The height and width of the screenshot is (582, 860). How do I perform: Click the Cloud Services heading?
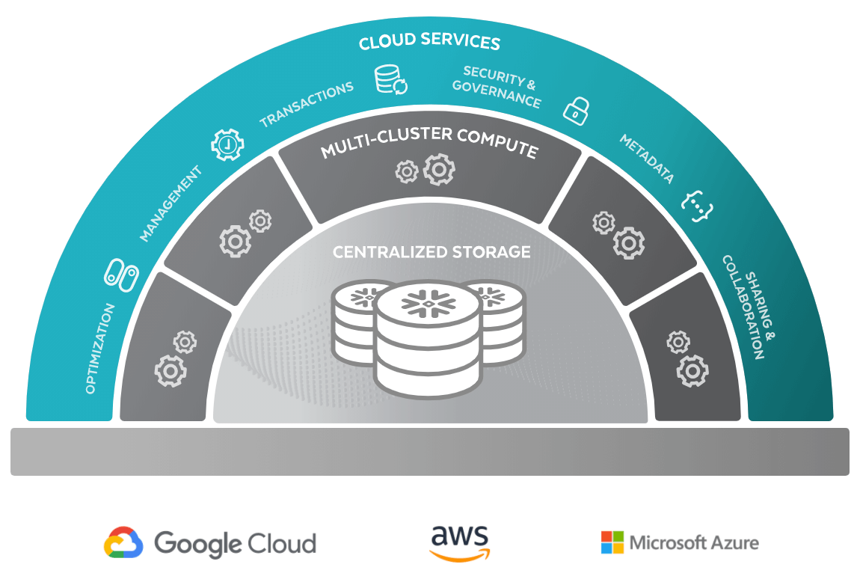pyautogui.click(x=429, y=41)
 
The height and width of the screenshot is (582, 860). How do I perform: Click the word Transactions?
pyautogui.click(x=306, y=104)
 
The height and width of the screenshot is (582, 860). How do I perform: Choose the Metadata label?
pyautogui.click(x=647, y=158)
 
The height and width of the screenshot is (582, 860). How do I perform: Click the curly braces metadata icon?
pyautogui.click(x=697, y=200)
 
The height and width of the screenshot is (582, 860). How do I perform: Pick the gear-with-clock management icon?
pyautogui.click(x=227, y=144)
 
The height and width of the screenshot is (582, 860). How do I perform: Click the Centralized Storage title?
pyautogui.click(x=431, y=251)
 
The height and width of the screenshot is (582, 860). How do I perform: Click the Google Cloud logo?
pyautogui.click(x=210, y=543)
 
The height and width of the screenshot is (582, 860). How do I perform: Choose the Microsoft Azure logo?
pyautogui.click(x=680, y=542)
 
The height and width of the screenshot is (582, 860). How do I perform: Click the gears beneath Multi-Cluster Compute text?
pyautogui.click(x=425, y=171)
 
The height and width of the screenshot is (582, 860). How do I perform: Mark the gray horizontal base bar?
pyautogui.click(x=430, y=451)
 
